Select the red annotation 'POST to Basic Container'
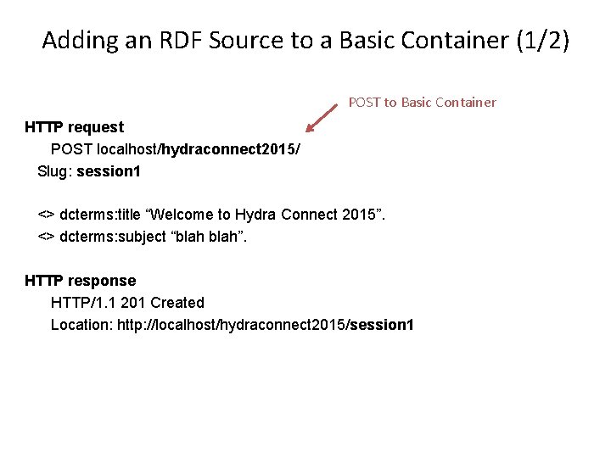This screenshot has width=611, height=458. click(422, 103)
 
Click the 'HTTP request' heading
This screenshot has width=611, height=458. click(74, 127)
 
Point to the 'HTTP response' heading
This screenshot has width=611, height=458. click(80, 281)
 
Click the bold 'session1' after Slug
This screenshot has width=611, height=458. click(109, 172)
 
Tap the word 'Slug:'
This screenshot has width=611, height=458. click(55, 172)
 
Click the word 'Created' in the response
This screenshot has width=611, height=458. click(177, 303)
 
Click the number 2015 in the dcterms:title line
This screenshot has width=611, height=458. click(359, 215)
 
